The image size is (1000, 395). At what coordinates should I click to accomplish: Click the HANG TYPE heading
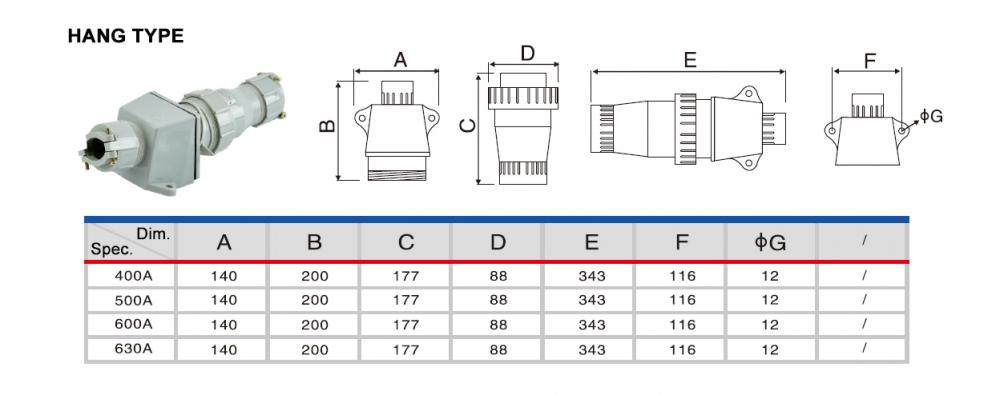point(126,36)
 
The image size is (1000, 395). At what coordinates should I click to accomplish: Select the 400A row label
point(133,276)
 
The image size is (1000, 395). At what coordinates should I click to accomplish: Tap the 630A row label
point(133,349)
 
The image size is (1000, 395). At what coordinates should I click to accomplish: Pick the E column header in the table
point(591,242)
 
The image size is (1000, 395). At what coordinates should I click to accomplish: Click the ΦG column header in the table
point(770,242)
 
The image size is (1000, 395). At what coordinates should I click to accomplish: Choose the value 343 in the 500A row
point(592,300)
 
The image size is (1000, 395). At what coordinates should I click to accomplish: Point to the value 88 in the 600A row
point(498,325)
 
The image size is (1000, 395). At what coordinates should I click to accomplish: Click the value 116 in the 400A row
point(682,276)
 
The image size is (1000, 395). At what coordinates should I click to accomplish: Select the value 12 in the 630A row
point(770,350)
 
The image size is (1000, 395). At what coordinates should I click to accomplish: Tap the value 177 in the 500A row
point(406,300)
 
